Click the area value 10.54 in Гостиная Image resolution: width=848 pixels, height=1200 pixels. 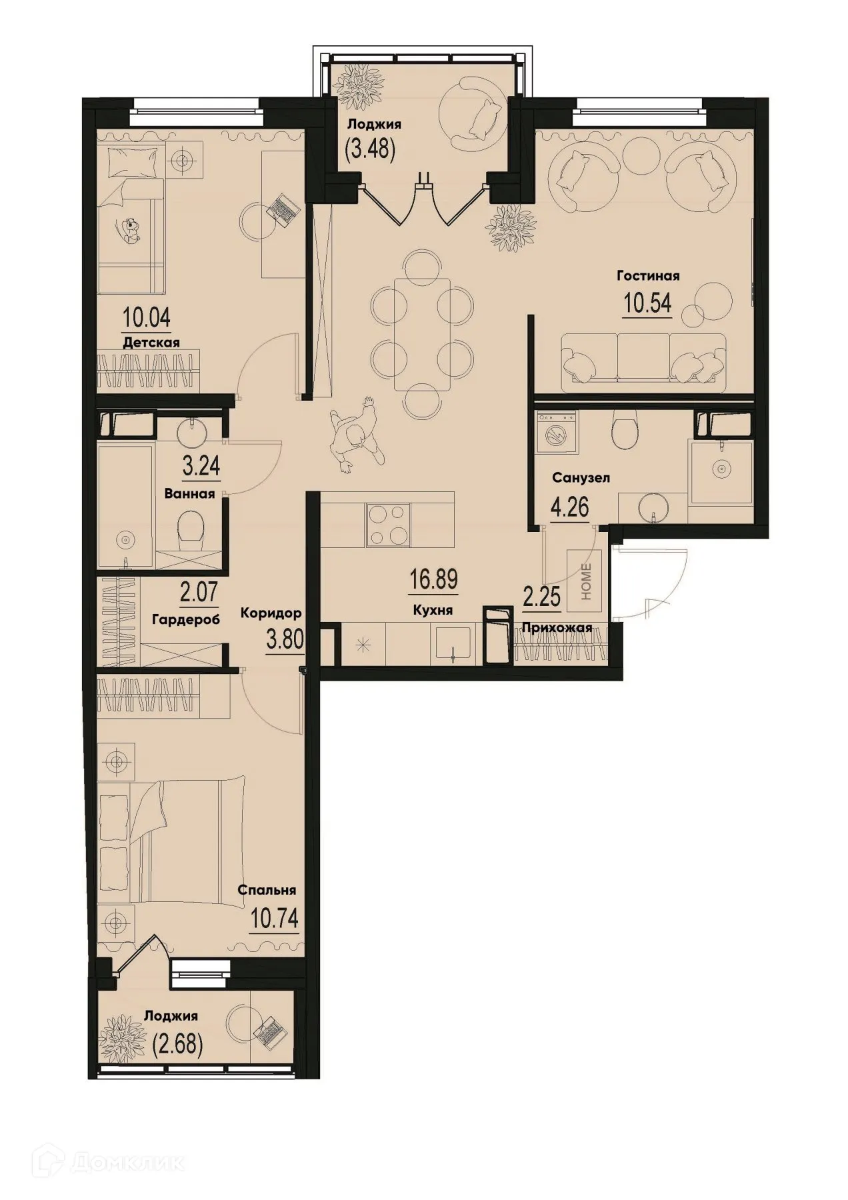[x=647, y=303]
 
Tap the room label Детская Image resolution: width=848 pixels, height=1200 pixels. [x=151, y=343]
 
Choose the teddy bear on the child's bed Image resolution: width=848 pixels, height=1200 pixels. [x=132, y=229]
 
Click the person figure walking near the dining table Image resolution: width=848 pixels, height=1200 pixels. [x=357, y=435]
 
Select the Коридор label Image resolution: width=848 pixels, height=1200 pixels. [x=271, y=612]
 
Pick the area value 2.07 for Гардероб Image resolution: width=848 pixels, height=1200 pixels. [x=198, y=591]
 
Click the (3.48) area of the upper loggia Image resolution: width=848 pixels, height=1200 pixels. [x=370, y=149]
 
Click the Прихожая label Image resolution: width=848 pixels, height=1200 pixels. [x=557, y=627]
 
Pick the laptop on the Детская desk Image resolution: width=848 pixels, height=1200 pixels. [x=283, y=209]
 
